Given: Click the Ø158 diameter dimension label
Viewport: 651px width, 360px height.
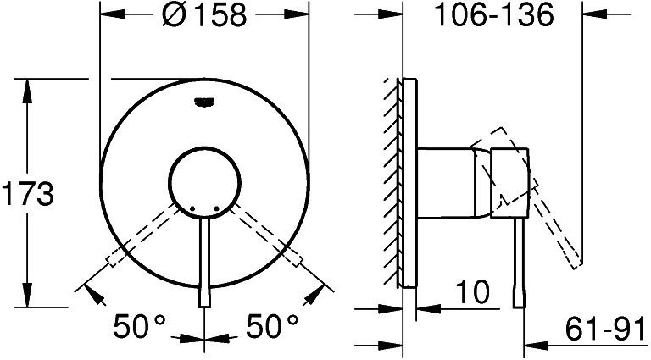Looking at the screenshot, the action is click(203, 15).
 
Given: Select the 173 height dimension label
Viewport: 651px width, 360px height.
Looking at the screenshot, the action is click(28, 193).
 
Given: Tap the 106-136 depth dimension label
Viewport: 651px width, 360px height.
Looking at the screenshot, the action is click(493, 16).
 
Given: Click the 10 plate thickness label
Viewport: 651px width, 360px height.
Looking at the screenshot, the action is click(473, 291).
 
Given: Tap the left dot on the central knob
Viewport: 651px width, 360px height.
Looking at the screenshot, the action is click(192, 208).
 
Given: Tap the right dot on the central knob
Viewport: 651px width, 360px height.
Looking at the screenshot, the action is click(216, 208).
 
